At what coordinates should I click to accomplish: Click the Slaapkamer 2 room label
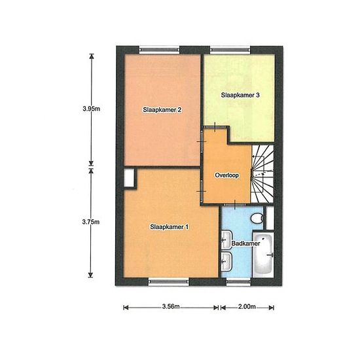(x=162, y=110)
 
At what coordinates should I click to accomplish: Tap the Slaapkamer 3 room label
(x=240, y=95)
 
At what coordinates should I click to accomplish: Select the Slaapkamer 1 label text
(x=170, y=227)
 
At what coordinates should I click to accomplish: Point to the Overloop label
(x=227, y=175)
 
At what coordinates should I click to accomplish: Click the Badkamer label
(x=245, y=243)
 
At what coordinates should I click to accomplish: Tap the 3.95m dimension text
(x=92, y=109)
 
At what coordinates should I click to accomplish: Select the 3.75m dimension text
(x=91, y=222)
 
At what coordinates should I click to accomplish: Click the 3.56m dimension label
(x=171, y=306)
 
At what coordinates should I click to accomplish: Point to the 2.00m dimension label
(x=247, y=306)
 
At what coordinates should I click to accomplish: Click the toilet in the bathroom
(x=257, y=218)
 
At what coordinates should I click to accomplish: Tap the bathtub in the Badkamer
(x=263, y=255)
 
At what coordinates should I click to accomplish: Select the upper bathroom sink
(x=226, y=240)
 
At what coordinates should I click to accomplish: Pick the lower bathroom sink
(x=226, y=261)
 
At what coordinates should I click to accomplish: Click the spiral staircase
(x=262, y=174)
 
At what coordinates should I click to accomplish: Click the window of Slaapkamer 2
(x=160, y=50)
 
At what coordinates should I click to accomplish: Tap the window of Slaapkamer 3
(x=230, y=50)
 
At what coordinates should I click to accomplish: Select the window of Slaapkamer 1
(x=169, y=281)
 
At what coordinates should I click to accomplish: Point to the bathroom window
(x=238, y=281)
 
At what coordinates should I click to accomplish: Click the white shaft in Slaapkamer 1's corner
(x=128, y=178)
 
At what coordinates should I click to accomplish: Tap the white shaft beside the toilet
(x=270, y=218)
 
